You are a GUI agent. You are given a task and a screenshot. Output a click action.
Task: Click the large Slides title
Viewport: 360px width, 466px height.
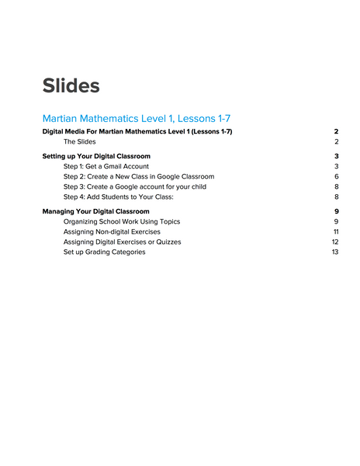pyautogui.click(x=71, y=85)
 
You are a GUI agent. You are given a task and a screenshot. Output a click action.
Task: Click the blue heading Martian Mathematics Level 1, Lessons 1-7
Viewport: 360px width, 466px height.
pyautogui.click(x=137, y=118)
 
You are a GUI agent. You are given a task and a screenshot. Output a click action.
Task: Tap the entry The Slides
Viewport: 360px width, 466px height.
pyautogui.click(x=80, y=142)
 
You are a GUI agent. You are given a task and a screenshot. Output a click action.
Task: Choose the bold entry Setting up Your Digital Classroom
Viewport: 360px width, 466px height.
pyautogui.click(x=96, y=156)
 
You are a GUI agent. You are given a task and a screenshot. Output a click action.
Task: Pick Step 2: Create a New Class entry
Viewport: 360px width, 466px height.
pyautogui.click(x=139, y=176)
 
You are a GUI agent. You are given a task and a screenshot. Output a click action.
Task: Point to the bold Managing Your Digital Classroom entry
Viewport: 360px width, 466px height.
pyautogui.click(x=96, y=211)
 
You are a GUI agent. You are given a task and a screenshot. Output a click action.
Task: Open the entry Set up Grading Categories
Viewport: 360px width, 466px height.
pyautogui.click(x=104, y=252)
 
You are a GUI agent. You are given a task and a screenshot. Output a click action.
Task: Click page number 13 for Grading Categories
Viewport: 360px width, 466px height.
pyautogui.click(x=335, y=252)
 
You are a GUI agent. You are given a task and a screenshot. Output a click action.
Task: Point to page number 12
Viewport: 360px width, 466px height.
pyautogui.click(x=335, y=242)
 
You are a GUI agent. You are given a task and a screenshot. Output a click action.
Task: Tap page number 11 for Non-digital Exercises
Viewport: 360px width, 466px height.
pyautogui.click(x=336, y=231)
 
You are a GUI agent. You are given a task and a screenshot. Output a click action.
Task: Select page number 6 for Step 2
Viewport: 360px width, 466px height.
pyautogui.click(x=337, y=176)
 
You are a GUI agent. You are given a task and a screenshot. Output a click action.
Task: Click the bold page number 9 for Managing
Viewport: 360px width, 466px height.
pyautogui.click(x=337, y=211)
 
